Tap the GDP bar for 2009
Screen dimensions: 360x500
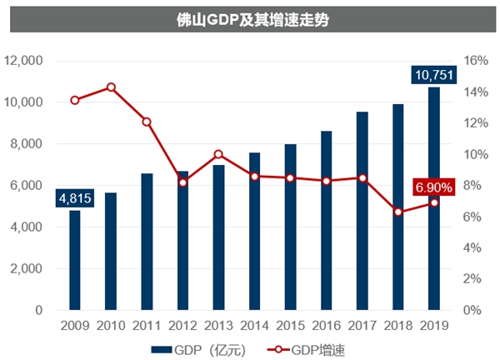click(75, 260)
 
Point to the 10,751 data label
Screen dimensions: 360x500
click(433, 76)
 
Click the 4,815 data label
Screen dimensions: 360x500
click(74, 198)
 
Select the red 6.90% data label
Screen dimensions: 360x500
click(433, 187)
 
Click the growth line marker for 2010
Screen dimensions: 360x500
click(111, 87)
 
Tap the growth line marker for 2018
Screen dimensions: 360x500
click(397, 212)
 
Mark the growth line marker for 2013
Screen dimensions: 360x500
click(218, 154)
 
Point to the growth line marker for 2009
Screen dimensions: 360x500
click(75, 100)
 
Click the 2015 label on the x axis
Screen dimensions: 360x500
click(290, 327)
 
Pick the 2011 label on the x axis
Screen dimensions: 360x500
click(147, 327)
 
